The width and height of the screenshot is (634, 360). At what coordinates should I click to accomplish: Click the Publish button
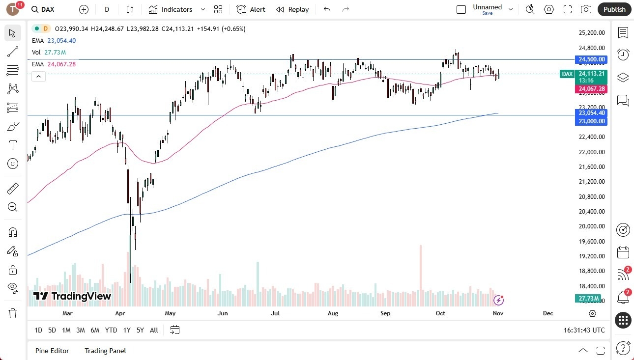pyautogui.click(x=614, y=9)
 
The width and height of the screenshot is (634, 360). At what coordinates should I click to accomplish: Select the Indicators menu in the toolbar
pyautogui.click(x=171, y=9)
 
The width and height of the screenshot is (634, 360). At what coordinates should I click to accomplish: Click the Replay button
pyautogui.click(x=292, y=9)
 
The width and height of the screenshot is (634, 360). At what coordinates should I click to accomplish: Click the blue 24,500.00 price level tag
pyautogui.click(x=592, y=59)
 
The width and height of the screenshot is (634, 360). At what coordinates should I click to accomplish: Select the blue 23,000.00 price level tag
pyautogui.click(x=592, y=121)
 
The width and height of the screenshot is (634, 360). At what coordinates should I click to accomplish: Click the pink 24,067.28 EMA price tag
pyautogui.click(x=592, y=89)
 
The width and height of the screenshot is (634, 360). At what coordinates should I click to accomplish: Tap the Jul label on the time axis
pyautogui.click(x=275, y=313)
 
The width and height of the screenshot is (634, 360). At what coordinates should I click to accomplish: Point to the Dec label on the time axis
pyautogui.click(x=548, y=313)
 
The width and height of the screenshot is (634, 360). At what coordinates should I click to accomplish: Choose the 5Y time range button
pyautogui.click(x=140, y=330)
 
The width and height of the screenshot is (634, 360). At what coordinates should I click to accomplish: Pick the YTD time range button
pyautogui.click(x=111, y=330)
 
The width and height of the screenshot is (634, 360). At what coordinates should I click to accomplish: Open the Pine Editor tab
pyautogui.click(x=52, y=351)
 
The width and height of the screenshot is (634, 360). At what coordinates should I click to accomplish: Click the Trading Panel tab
pyautogui.click(x=105, y=351)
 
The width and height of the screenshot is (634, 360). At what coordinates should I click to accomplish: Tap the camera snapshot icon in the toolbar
pyautogui.click(x=586, y=9)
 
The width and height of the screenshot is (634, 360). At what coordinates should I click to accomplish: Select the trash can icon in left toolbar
pyautogui.click(x=13, y=313)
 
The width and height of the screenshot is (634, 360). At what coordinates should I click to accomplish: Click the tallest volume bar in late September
pyautogui.click(x=421, y=270)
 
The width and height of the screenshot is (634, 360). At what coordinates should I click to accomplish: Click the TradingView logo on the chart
pyautogui.click(x=72, y=296)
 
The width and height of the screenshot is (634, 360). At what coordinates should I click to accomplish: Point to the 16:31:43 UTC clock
pyautogui.click(x=584, y=331)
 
